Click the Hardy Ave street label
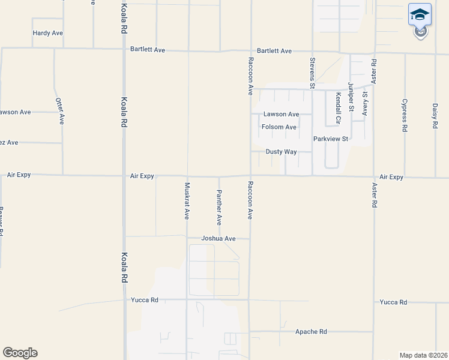click(x=48, y=33)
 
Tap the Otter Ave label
click(x=59, y=110)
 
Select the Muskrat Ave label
click(x=187, y=200)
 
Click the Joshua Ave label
click(x=218, y=238)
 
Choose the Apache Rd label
click(x=311, y=331)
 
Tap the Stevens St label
click(x=312, y=73)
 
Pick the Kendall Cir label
click(x=339, y=103)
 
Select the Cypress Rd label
click(x=405, y=115)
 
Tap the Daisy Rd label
click(x=435, y=116)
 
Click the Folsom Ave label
click(x=279, y=127)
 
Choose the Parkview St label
click(x=331, y=139)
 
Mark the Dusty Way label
click(x=282, y=152)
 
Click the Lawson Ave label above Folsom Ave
click(x=281, y=114)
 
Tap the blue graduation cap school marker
click(x=420, y=15)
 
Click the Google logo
click(x=20, y=353)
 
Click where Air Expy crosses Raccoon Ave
click(x=250, y=176)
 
